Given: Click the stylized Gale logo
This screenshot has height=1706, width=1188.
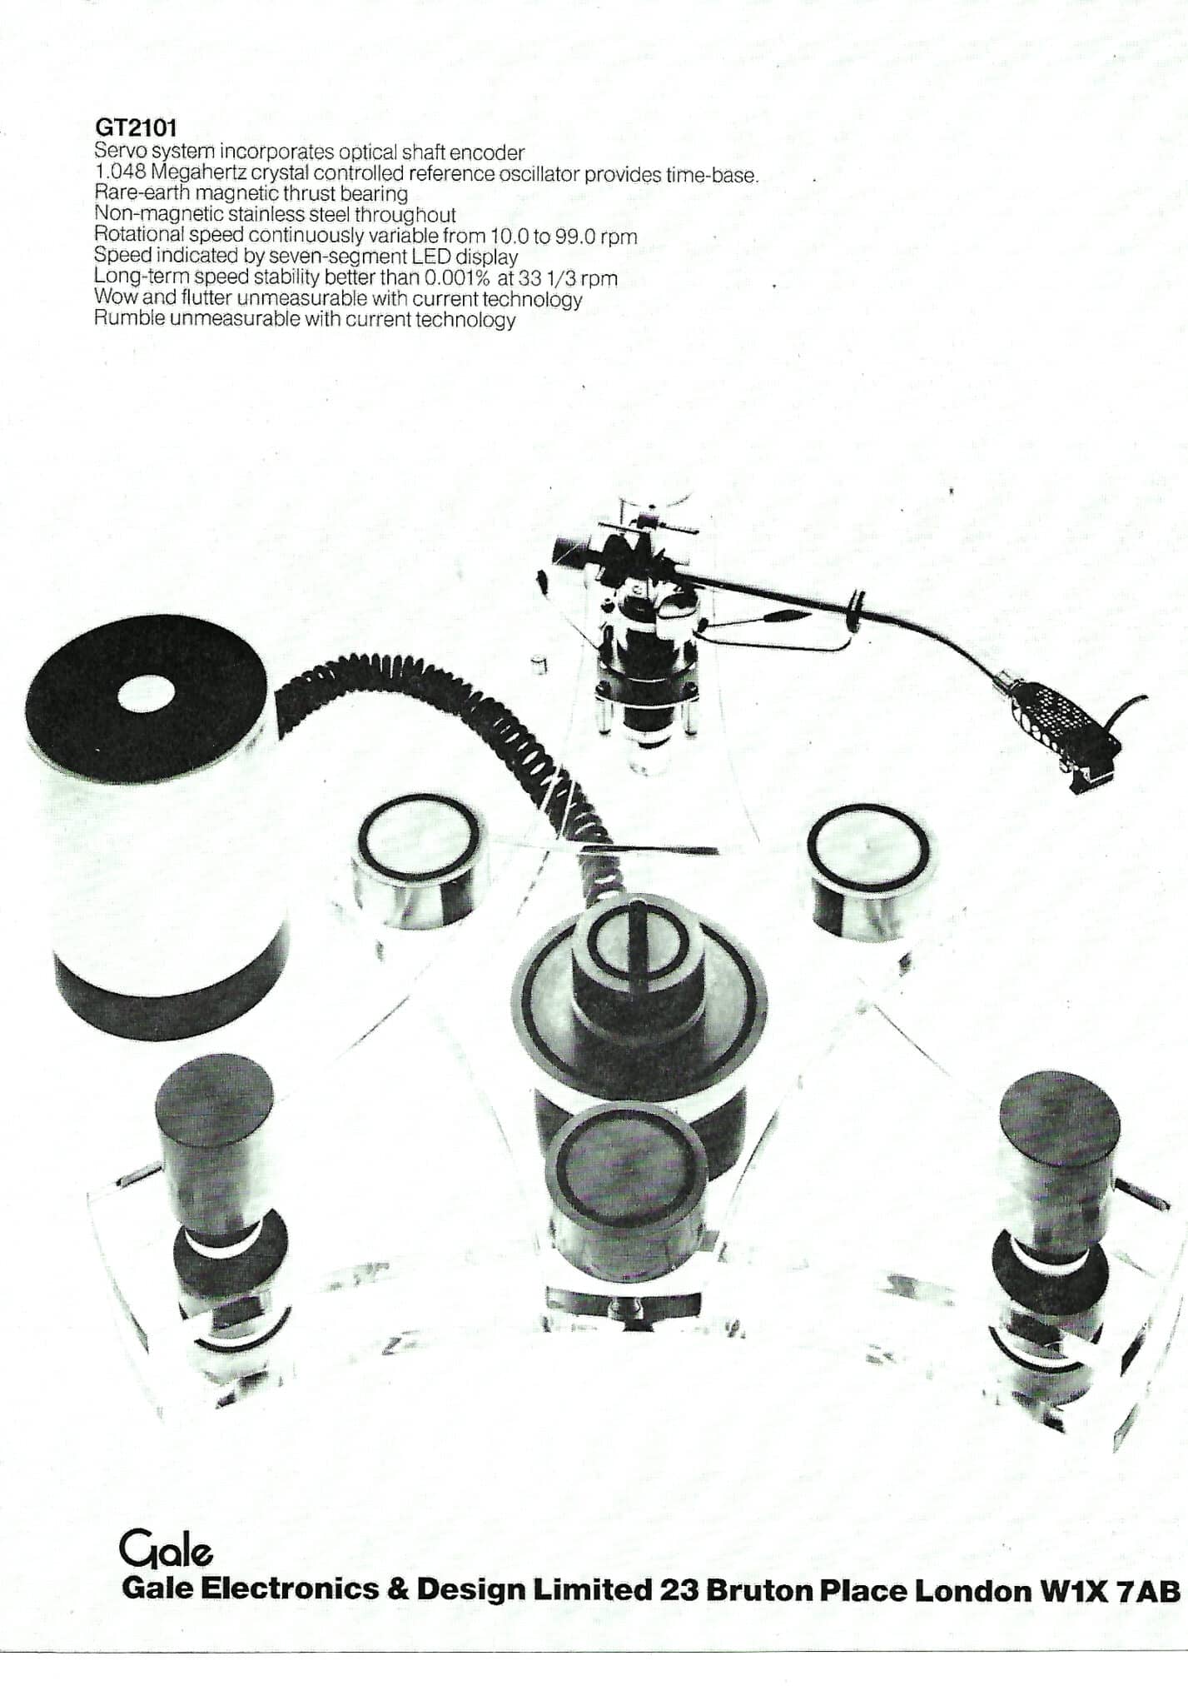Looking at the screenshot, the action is [166, 1551].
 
